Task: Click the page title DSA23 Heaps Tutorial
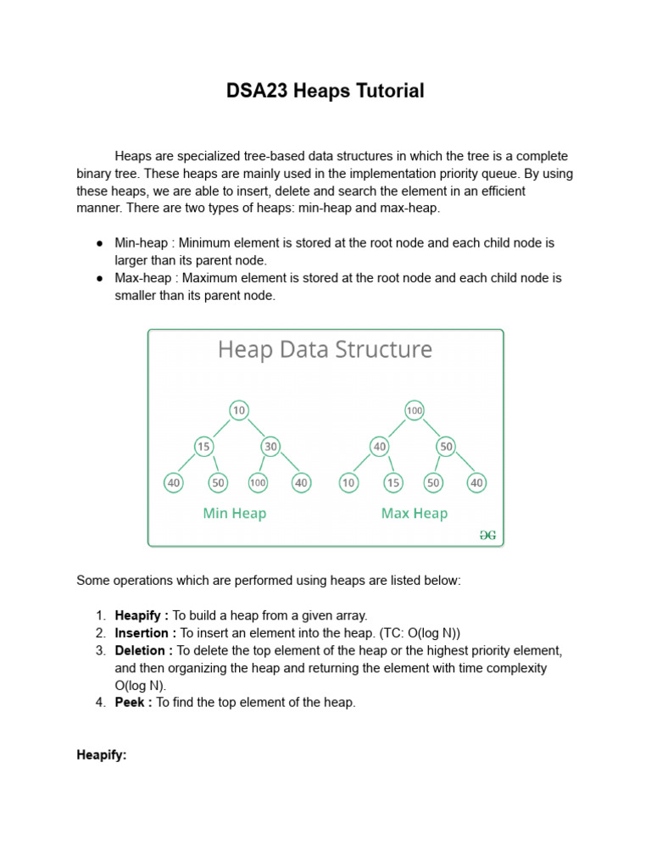[x=325, y=91]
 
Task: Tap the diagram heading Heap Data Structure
[x=325, y=349]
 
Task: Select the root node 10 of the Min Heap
[x=239, y=410]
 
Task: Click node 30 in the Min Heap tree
[x=271, y=446]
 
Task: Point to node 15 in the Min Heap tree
[x=203, y=446]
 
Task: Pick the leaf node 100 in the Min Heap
[x=258, y=482]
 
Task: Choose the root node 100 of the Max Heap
[x=414, y=410]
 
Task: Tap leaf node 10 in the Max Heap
[x=348, y=482]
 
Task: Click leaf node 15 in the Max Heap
[x=392, y=482]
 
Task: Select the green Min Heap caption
[x=235, y=513]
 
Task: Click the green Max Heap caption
[x=414, y=513]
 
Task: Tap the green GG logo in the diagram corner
[x=487, y=535]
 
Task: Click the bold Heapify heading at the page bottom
[x=101, y=754]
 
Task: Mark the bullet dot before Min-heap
[x=99, y=243]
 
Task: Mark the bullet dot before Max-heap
[x=99, y=278]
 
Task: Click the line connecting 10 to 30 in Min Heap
[x=256, y=428]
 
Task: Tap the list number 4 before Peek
[x=99, y=703]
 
